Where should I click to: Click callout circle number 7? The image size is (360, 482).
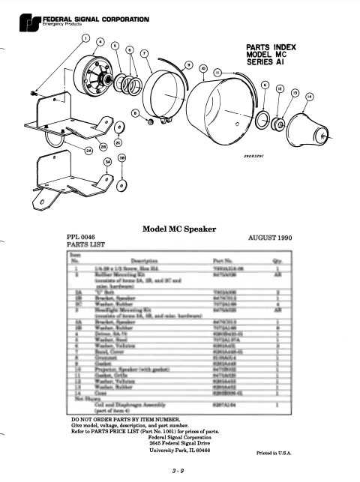(144, 55)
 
